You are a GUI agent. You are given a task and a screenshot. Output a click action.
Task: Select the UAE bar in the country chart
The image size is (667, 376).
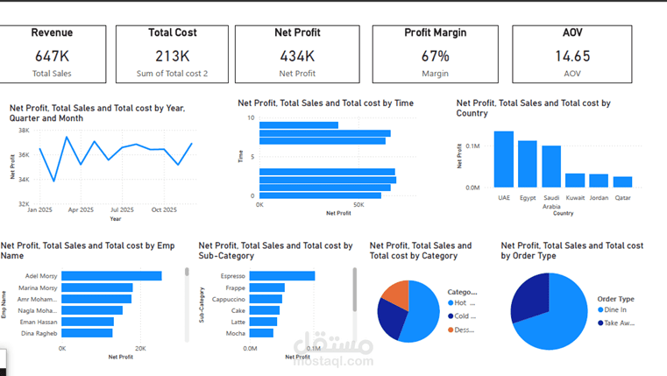coord(503,159)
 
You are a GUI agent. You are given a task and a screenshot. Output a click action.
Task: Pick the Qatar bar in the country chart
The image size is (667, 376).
coord(622,181)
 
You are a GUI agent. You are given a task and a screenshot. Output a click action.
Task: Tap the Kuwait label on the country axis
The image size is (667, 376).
coord(575,198)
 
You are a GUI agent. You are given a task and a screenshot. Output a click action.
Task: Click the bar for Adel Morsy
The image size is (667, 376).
coord(111,276)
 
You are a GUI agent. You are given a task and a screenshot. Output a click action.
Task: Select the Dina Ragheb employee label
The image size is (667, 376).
coord(39,333)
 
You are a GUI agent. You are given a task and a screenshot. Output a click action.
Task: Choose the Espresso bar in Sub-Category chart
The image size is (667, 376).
coord(281,276)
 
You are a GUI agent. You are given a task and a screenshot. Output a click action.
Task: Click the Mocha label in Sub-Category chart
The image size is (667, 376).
coord(234,333)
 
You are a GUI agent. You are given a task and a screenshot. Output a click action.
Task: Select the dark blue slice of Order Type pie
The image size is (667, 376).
coord(530,298)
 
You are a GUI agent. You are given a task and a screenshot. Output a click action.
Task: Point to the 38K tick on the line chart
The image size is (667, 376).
coord(24,131)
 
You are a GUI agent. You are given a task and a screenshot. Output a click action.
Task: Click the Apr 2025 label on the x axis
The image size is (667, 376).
coord(81,210)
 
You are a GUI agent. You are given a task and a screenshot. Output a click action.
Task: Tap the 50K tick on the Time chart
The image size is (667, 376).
coord(358,204)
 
